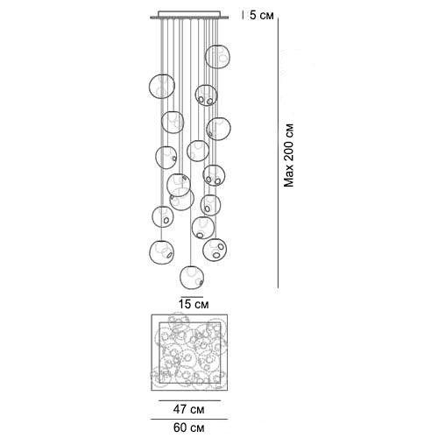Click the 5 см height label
262,16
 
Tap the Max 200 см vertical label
289,156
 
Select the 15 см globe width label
194,304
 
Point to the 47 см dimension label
189,409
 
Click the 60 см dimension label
189,427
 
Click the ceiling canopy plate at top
189,15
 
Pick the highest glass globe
217,57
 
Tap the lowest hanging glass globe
192,277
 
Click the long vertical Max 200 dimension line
278,153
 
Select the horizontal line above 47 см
189,400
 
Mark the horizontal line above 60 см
189,420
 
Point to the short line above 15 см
192,297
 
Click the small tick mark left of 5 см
244,15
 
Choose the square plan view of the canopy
189,352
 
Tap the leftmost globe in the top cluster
162,87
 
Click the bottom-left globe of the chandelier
161,252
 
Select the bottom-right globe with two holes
215,250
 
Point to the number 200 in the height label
289,152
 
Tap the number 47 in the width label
180,409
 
